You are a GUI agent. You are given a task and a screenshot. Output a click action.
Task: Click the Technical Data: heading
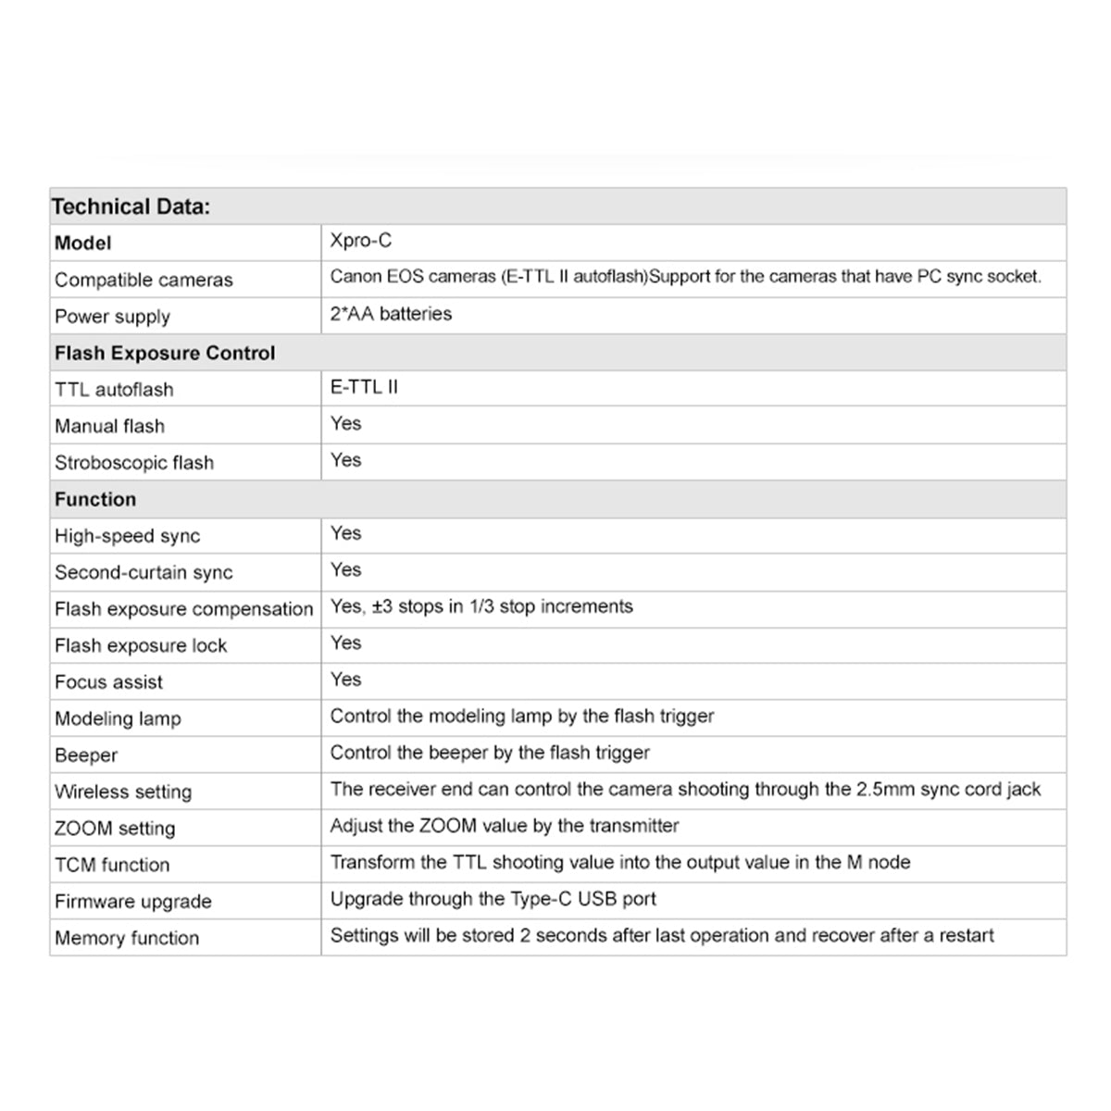(x=131, y=206)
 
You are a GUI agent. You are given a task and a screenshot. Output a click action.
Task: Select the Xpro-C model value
(x=361, y=241)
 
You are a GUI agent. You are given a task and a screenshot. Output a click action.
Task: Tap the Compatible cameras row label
(x=144, y=280)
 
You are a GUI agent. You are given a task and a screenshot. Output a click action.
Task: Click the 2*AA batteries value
(x=391, y=314)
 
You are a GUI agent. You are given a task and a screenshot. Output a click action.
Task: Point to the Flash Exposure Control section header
(x=165, y=353)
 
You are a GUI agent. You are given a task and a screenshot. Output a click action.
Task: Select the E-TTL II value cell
(x=364, y=387)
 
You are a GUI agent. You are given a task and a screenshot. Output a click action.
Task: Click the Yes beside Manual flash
(x=346, y=423)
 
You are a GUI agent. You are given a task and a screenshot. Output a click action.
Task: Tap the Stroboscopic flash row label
(x=134, y=462)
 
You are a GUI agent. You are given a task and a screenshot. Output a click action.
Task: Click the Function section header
(x=95, y=499)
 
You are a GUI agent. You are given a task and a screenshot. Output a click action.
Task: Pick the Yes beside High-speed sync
(x=346, y=533)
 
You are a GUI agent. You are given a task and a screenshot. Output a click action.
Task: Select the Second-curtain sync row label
(x=144, y=572)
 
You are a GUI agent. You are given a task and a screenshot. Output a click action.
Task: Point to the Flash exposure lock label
(x=141, y=645)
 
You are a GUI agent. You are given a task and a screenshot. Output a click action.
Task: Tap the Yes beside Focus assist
(x=346, y=680)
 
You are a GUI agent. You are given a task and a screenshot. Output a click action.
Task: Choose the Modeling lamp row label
(x=118, y=718)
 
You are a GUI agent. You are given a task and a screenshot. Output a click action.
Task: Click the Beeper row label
(x=86, y=755)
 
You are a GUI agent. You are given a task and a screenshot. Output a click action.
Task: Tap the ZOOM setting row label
(x=115, y=828)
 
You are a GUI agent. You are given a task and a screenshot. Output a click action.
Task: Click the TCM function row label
(x=112, y=865)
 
